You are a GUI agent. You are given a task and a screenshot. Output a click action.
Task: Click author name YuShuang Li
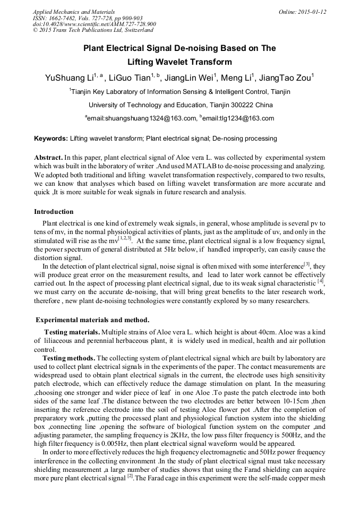click(68, 78)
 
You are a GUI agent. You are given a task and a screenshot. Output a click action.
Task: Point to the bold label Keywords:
click(51, 139)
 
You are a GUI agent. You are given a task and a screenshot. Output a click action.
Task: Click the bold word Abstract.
click(48, 158)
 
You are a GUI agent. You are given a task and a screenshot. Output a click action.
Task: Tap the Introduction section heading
click(54, 212)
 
